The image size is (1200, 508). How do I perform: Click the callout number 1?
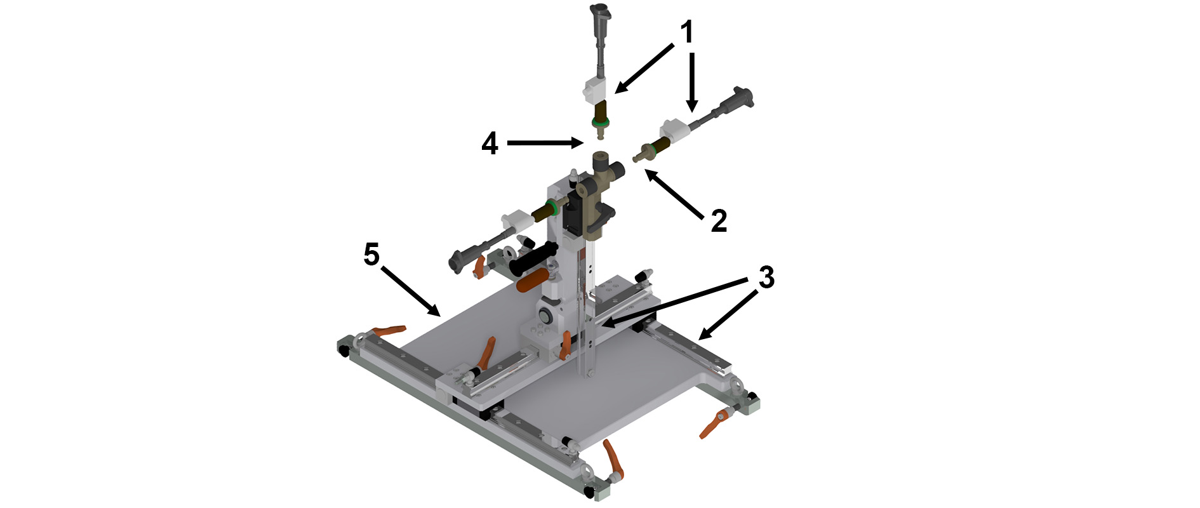[688, 32]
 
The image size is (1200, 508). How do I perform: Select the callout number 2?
[719, 221]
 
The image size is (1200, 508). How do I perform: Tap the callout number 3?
[766, 277]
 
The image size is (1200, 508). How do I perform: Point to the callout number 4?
[490, 144]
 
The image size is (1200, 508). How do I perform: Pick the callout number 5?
[371, 255]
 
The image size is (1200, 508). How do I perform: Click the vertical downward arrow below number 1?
[692, 83]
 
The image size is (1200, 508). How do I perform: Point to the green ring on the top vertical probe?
[600, 121]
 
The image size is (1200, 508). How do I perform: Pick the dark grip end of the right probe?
[742, 99]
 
